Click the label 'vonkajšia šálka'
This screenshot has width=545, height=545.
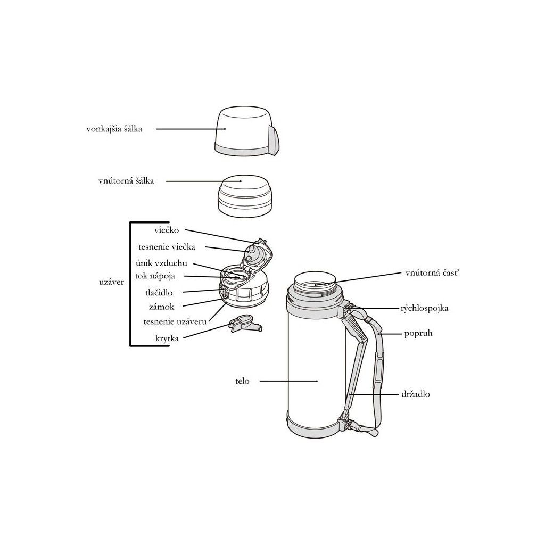114,129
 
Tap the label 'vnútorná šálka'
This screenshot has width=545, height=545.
126,181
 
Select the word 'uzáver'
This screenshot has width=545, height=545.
111,282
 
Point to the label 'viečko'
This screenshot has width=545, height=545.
167,230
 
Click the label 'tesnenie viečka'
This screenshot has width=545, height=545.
167,247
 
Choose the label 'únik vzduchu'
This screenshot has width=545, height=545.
161,263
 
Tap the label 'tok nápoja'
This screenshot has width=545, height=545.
155,276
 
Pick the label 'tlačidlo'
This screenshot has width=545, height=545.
159,293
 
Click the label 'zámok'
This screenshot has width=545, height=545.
162,307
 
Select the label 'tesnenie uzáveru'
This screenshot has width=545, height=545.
175,321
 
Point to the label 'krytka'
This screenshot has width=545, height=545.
167,338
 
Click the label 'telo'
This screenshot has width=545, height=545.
242,381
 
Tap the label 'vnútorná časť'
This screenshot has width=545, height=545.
432,273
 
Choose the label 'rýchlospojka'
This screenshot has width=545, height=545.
424,308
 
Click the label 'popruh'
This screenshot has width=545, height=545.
418,333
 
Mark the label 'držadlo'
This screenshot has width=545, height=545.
416,394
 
